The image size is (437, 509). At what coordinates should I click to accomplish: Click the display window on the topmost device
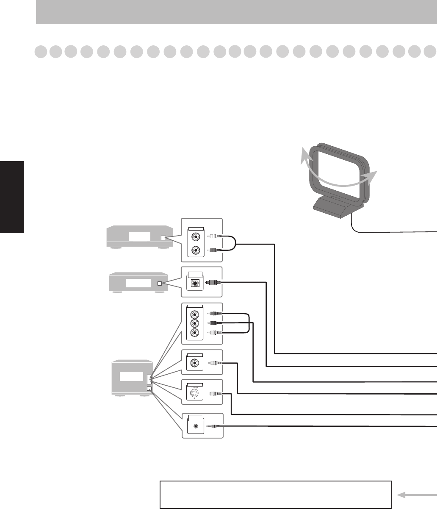click(139, 237)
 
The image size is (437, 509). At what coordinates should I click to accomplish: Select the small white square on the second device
click(159, 283)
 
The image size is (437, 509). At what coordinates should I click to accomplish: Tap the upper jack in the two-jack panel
click(195, 236)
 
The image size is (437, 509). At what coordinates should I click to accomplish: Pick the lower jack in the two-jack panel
click(195, 250)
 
